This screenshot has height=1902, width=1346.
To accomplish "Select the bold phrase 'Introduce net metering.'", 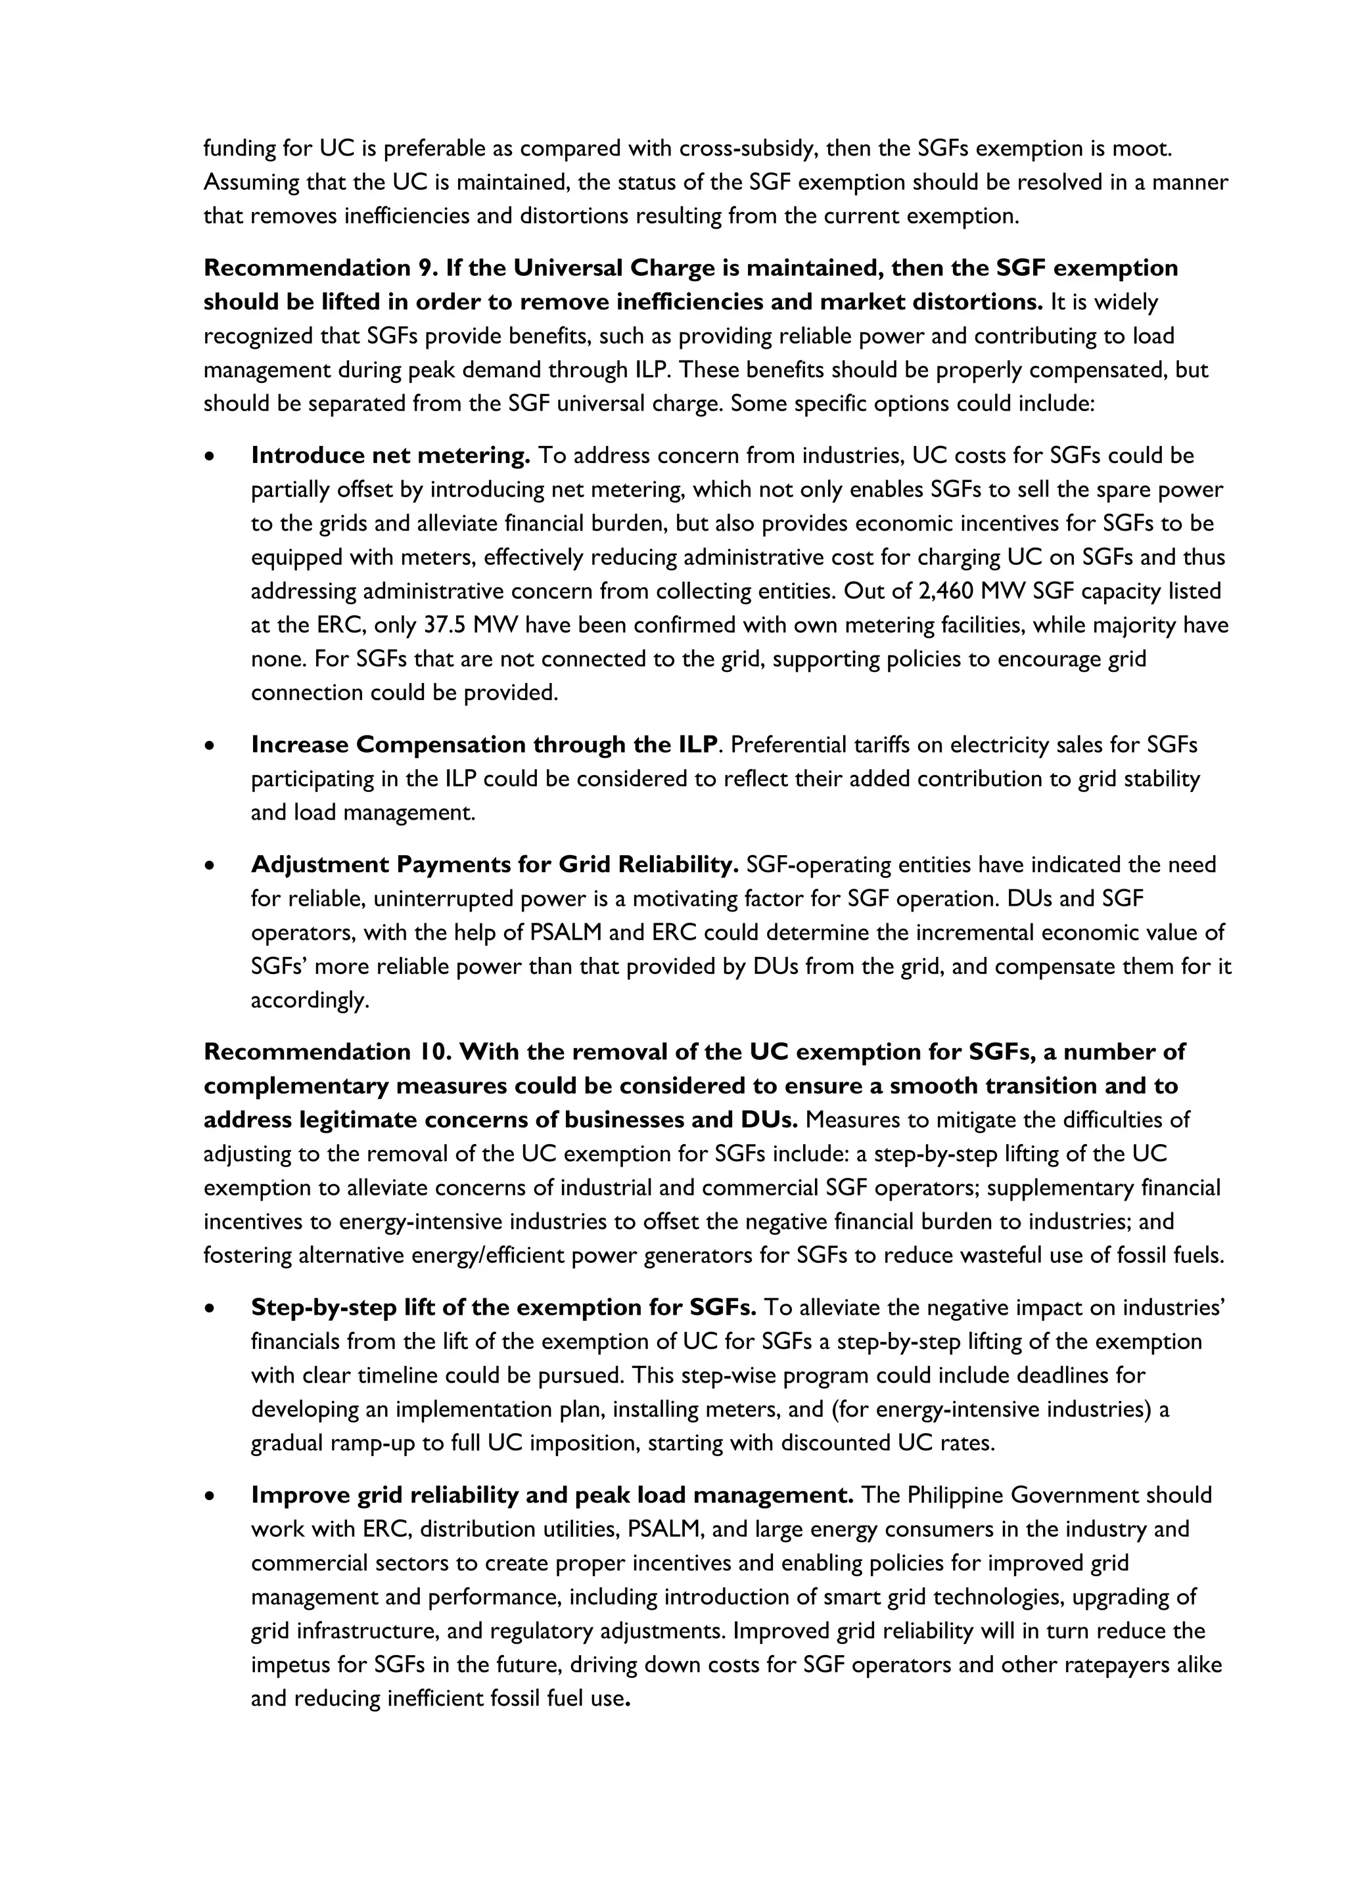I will (390, 456).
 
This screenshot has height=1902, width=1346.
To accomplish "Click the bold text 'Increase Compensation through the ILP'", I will (484, 745).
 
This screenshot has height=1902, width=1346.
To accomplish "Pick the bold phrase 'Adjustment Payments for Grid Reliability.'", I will (495, 865).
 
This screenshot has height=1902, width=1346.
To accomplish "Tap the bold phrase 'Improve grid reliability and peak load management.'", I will (552, 1495).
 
